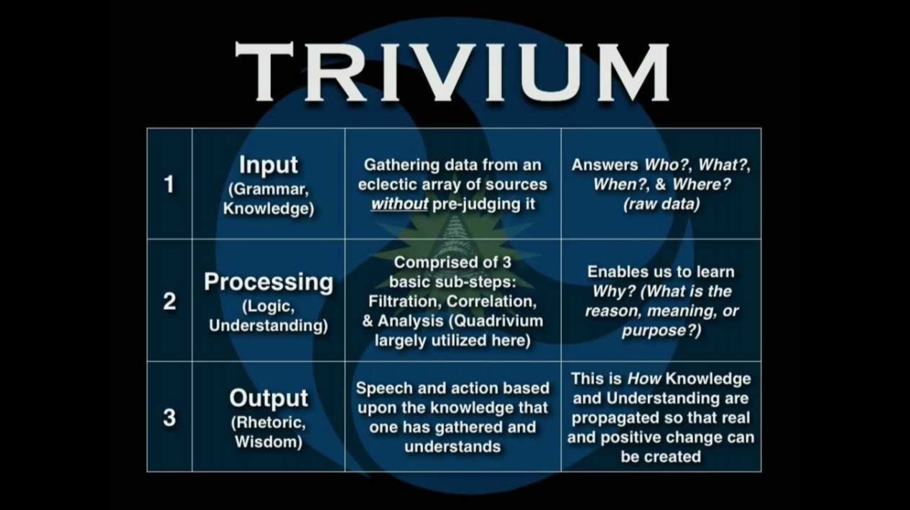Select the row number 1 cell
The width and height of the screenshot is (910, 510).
pos(170,184)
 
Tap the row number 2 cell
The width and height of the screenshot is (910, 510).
pos(170,301)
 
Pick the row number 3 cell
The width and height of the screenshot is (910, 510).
pos(170,417)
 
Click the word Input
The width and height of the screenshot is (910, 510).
pos(268,164)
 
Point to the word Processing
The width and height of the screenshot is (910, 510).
pos(268,282)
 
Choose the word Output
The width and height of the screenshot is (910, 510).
pos(268,397)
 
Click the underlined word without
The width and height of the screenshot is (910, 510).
pos(399,204)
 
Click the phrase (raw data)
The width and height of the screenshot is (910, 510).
pos(661,204)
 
